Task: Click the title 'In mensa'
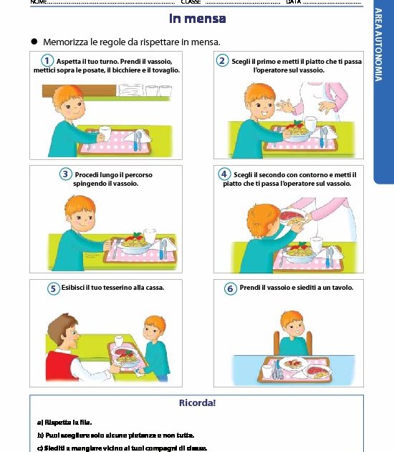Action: (x=198, y=19)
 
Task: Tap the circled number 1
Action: (x=47, y=61)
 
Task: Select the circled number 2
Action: (x=223, y=61)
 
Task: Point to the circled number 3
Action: (x=65, y=174)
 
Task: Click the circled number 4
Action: (x=224, y=174)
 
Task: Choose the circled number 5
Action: (x=53, y=288)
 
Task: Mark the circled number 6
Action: (x=230, y=288)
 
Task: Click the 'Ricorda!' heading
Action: (x=198, y=402)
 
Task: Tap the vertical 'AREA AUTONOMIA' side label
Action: (x=379, y=44)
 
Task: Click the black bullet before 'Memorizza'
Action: (x=34, y=42)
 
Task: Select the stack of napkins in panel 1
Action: (x=130, y=90)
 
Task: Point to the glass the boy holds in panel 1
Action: (x=105, y=133)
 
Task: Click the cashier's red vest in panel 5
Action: (x=62, y=365)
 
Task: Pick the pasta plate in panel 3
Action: (x=135, y=244)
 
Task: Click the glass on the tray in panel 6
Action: (x=267, y=372)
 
